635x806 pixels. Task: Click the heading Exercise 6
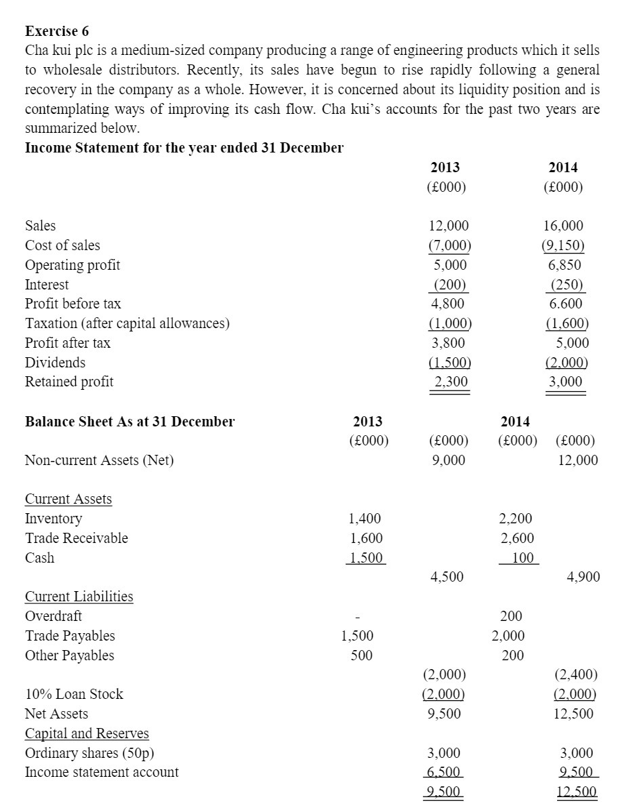click(x=57, y=31)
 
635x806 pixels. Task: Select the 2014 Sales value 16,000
click(x=563, y=226)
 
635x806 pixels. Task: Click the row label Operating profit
click(x=73, y=265)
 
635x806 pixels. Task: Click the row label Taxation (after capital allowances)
click(x=127, y=324)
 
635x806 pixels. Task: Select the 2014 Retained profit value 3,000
click(x=565, y=382)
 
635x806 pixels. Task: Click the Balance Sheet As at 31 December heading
click(x=129, y=422)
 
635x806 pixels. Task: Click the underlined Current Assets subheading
click(x=68, y=500)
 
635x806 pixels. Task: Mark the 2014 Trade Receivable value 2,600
click(x=516, y=538)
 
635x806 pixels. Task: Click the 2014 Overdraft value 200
click(x=511, y=616)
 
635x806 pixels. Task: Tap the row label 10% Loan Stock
click(x=74, y=694)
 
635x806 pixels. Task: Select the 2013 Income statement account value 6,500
click(x=444, y=772)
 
